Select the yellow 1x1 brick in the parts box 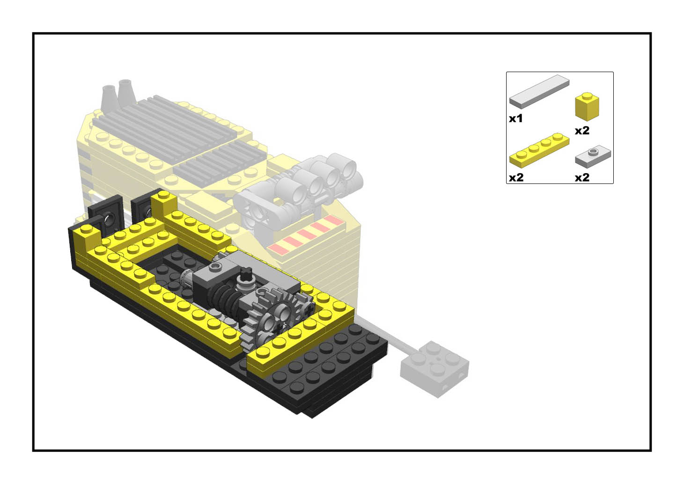point(587,106)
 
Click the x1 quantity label point(515,119)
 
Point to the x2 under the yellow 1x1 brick point(582,131)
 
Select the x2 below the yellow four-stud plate point(516,177)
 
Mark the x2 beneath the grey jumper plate point(582,177)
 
